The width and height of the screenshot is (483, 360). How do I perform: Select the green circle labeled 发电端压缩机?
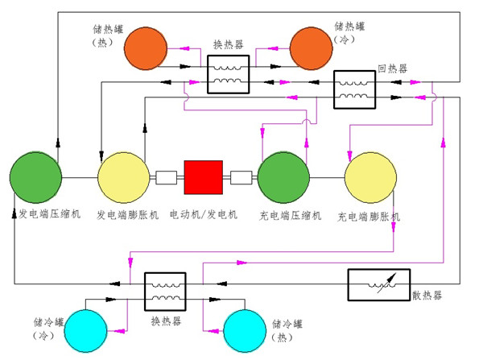[x=36, y=176]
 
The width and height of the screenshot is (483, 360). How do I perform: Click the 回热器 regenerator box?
[x=355, y=89]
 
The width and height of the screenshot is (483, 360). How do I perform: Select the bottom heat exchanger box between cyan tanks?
[x=165, y=291]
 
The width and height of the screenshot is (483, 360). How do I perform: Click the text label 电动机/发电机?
[x=204, y=216]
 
